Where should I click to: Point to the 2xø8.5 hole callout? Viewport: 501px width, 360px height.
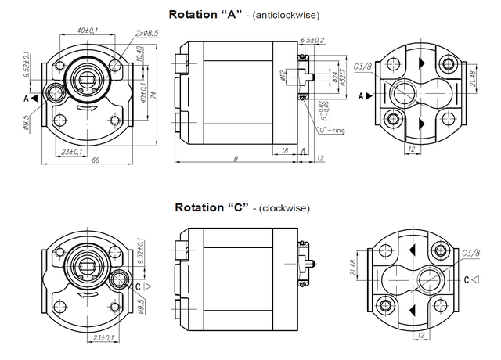(x=146, y=33)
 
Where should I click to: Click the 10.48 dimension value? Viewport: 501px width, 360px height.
(x=139, y=54)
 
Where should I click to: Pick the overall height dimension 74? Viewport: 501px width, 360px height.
(x=153, y=95)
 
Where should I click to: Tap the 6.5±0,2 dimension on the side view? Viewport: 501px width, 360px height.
(x=312, y=40)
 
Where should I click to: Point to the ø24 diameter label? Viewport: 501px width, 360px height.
(x=335, y=77)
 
